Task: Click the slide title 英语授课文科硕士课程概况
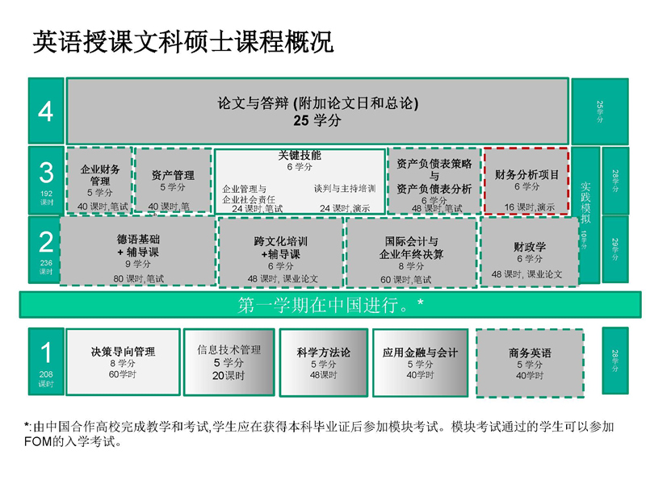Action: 182,43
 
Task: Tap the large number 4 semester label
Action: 46,111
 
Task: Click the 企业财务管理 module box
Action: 100,181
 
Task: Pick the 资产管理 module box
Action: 173,181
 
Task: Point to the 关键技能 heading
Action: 300,156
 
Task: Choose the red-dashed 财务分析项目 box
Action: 526,181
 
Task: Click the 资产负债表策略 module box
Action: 434,181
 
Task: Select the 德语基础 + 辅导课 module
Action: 138,250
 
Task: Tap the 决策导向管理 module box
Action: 123,361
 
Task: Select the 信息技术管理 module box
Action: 229,361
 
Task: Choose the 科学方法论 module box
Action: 323,361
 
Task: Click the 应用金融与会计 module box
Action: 420,361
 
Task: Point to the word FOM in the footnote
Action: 41,441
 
